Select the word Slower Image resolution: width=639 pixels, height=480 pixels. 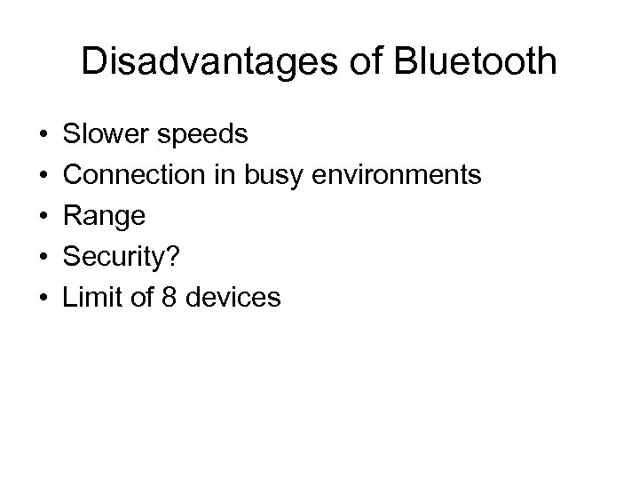click(106, 135)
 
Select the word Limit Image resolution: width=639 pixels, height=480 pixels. click(89, 297)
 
